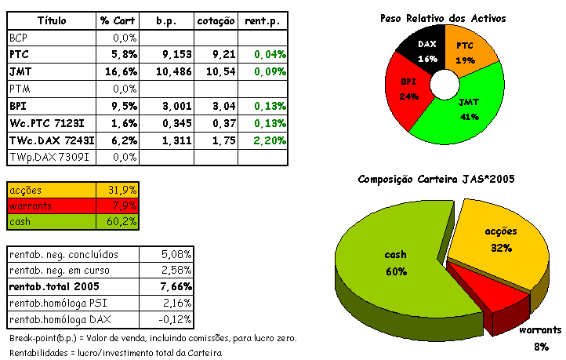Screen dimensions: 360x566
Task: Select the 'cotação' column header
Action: (x=216, y=20)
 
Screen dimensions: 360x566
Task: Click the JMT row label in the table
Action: (x=20, y=71)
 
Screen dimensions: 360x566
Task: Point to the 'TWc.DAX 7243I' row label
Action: (x=52, y=140)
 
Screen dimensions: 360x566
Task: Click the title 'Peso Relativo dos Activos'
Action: (x=443, y=17)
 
